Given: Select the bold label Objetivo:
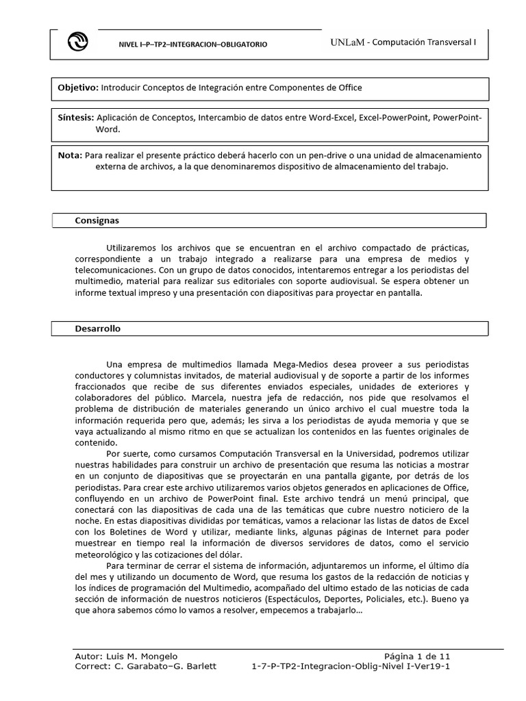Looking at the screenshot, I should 78,88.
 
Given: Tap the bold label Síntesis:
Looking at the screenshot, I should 76,118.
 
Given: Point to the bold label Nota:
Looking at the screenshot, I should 70,155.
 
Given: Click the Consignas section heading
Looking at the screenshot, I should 97,220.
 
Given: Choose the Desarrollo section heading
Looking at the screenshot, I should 97,329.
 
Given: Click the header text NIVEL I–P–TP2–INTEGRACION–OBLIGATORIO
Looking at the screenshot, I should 194,44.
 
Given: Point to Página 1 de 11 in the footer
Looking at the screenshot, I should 416,655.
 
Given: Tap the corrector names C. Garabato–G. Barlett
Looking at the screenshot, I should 164,666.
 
